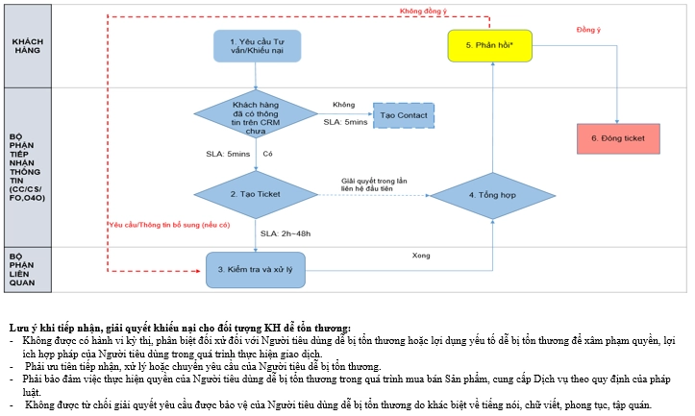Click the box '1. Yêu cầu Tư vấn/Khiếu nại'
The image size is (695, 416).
click(257, 46)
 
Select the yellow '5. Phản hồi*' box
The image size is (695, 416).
click(490, 45)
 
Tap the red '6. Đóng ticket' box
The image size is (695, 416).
click(618, 138)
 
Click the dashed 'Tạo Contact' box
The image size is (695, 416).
click(404, 115)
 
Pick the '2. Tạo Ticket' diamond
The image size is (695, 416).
click(256, 194)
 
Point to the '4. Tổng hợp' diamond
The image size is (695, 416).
click(492, 195)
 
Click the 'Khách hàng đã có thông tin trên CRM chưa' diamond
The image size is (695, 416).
click(256, 114)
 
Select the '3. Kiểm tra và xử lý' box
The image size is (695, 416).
click(256, 270)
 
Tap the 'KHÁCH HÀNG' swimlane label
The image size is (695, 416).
click(28, 46)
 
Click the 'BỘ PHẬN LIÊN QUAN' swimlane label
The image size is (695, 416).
click(22, 269)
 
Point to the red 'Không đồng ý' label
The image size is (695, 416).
click(423, 12)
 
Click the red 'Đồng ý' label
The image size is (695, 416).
click(588, 30)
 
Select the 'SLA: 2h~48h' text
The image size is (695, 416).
click(285, 233)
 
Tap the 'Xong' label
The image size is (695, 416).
click(421, 256)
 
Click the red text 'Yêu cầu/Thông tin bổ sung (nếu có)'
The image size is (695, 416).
click(170, 225)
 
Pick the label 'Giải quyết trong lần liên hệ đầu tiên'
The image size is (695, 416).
click(374, 184)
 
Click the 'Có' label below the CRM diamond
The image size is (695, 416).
click(268, 154)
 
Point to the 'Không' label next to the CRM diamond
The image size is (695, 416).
click(344, 105)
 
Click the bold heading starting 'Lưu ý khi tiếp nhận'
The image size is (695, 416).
click(180, 329)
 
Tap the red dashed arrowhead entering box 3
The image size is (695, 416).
click(199, 271)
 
